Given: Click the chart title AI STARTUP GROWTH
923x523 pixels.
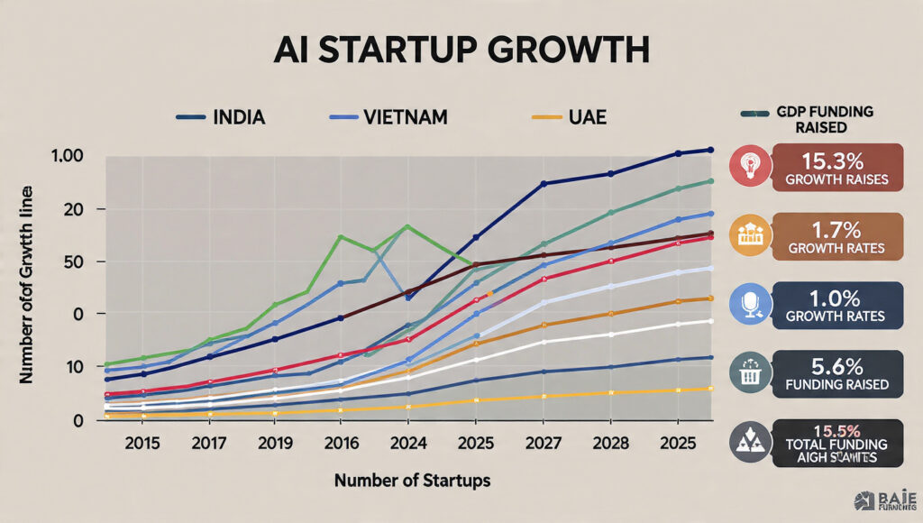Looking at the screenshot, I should (461, 50).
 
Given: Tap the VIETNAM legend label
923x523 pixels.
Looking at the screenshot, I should (403, 117).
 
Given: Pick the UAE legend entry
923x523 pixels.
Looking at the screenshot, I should (585, 117).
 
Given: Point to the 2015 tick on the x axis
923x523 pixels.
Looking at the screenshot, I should (142, 444).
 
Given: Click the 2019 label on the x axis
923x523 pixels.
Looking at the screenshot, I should (275, 444).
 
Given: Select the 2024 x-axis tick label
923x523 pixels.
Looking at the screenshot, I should (407, 444).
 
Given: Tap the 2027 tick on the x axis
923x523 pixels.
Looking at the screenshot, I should (544, 444).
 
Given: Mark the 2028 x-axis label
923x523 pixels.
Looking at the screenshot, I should (611, 444).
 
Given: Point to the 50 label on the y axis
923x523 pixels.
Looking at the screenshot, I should (74, 261).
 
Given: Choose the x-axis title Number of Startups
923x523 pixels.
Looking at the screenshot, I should (412, 481).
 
